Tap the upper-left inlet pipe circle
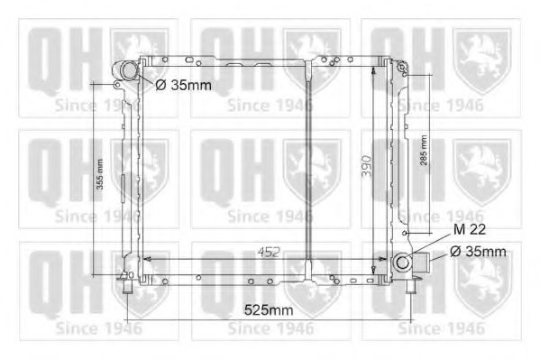pos(128,70)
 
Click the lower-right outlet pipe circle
pos(402,263)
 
